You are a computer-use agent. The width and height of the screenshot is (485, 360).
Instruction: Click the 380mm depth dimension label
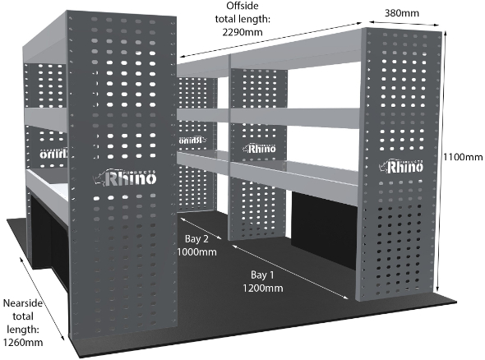point(402,13)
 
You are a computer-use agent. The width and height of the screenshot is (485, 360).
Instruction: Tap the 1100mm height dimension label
point(463,157)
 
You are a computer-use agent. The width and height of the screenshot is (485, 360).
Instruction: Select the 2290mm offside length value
point(242,32)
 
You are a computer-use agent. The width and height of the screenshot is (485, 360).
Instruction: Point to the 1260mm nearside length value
point(23,343)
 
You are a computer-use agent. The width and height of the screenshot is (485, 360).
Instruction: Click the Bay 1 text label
point(262,275)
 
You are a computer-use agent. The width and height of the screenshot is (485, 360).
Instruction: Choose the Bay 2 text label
point(196,238)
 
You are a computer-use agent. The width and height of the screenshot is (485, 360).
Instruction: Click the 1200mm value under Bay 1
point(262,288)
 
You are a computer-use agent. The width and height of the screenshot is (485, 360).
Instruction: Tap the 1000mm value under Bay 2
point(196,252)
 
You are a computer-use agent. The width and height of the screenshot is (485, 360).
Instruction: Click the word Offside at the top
point(242,6)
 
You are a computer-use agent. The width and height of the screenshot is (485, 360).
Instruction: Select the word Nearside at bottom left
point(22,302)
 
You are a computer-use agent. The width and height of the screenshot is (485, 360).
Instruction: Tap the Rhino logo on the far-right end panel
point(401,166)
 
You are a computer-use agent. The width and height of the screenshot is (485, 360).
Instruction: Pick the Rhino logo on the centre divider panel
point(259,149)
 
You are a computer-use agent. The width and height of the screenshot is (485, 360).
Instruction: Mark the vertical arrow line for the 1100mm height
point(441,161)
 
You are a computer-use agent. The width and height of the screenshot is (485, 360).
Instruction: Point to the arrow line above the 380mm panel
point(404,24)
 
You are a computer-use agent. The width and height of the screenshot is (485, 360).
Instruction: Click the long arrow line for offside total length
point(271,40)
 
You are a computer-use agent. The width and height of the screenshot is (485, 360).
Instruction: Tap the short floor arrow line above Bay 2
point(201,228)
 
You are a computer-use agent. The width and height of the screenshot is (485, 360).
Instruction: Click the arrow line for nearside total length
point(42,298)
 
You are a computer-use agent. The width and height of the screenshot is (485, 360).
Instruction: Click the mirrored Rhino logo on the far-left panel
point(53,154)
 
